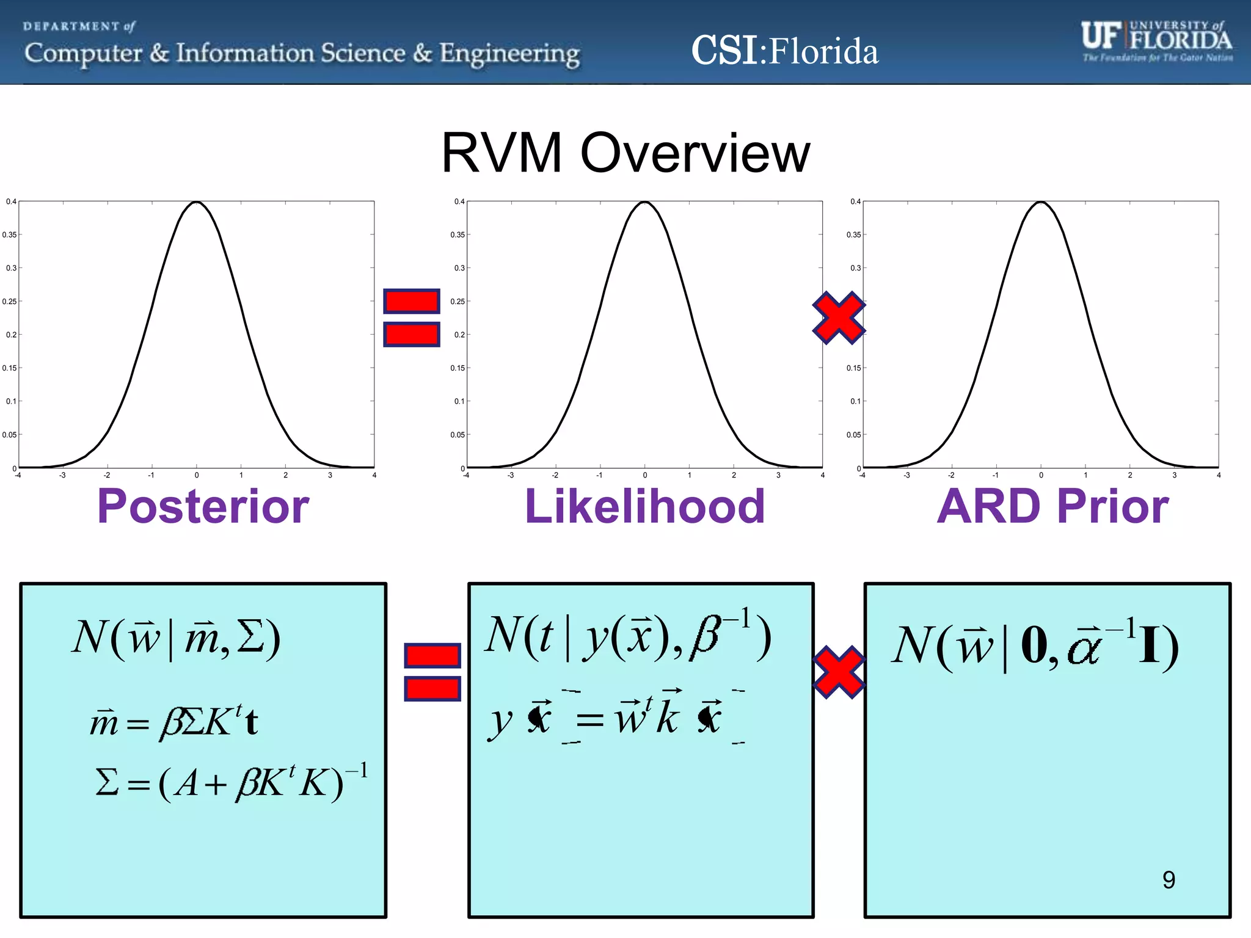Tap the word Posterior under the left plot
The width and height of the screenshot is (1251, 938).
tap(203, 506)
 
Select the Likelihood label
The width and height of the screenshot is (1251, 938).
tap(644, 506)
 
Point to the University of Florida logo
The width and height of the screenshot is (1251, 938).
tap(1156, 41)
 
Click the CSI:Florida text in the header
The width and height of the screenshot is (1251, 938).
tap(784, 51)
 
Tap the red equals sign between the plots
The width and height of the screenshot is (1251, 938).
tap(411, 318)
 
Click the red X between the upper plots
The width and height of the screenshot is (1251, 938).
tap(839, 318)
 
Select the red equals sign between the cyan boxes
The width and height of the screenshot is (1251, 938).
tap(432, 672)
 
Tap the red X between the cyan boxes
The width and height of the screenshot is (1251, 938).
tap(839, 672)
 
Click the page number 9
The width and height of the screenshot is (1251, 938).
tap(1168, 880)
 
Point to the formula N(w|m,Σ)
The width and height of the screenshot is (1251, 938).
tap(176, 638)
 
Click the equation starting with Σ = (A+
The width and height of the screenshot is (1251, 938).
tap(231, 782)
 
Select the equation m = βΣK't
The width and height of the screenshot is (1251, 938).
tap(174, 722)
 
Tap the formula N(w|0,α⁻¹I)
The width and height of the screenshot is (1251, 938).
tap(1034, 646)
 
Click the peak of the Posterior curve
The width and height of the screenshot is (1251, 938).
tap(196, 202)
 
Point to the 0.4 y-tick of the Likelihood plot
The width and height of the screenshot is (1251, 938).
tap(459, 202)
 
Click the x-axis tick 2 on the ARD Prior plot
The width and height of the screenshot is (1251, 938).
tap(1129, 475)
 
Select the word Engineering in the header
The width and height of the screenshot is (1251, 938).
tap(509, 54)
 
